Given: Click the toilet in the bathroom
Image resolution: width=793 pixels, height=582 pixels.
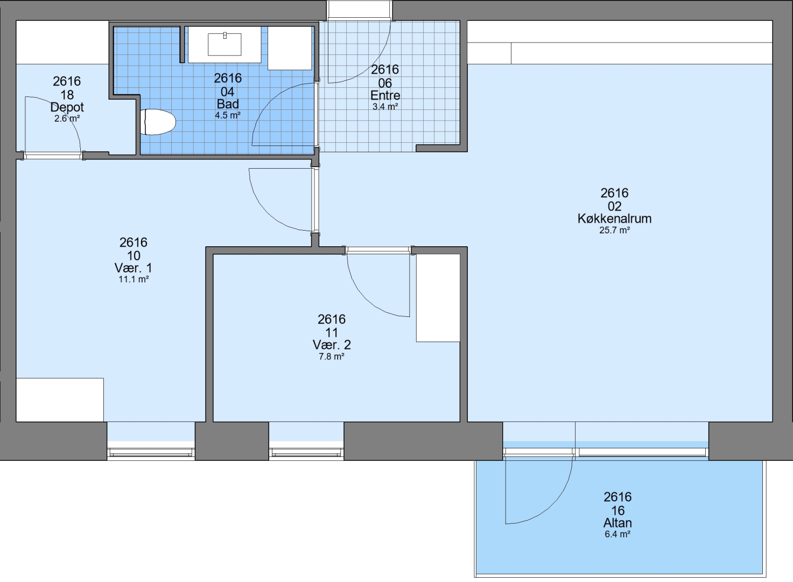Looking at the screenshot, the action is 158,122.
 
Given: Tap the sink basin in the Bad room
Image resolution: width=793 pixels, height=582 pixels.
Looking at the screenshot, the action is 224,44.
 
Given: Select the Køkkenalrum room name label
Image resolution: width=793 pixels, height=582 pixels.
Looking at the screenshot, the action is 614,218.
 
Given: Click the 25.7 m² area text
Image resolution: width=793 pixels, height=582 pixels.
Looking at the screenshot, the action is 614,230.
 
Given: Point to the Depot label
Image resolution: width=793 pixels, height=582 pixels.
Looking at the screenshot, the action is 67,107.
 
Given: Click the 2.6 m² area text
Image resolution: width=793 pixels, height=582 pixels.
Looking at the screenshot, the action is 67,119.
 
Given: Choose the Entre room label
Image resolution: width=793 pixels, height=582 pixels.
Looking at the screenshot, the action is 385,95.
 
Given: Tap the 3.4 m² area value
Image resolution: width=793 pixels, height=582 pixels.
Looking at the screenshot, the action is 385,106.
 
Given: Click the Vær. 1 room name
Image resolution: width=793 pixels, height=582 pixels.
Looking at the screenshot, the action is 133,268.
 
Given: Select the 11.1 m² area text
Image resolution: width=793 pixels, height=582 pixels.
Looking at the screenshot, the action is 134,279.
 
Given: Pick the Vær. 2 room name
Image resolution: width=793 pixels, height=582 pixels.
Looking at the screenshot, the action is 332,344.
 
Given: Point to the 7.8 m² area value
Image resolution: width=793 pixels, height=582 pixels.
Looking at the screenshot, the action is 332,356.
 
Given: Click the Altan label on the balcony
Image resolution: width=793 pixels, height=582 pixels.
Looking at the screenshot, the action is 617,523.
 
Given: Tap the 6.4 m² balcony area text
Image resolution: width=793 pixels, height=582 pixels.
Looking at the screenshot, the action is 617,534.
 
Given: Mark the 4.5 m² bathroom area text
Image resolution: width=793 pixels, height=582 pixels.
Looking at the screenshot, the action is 228,115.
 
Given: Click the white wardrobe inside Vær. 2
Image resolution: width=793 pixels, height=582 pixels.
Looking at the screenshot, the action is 438,297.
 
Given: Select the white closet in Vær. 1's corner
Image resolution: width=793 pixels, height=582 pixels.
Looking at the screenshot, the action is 60,400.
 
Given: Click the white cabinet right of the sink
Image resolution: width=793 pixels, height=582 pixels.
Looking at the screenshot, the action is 290,48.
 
